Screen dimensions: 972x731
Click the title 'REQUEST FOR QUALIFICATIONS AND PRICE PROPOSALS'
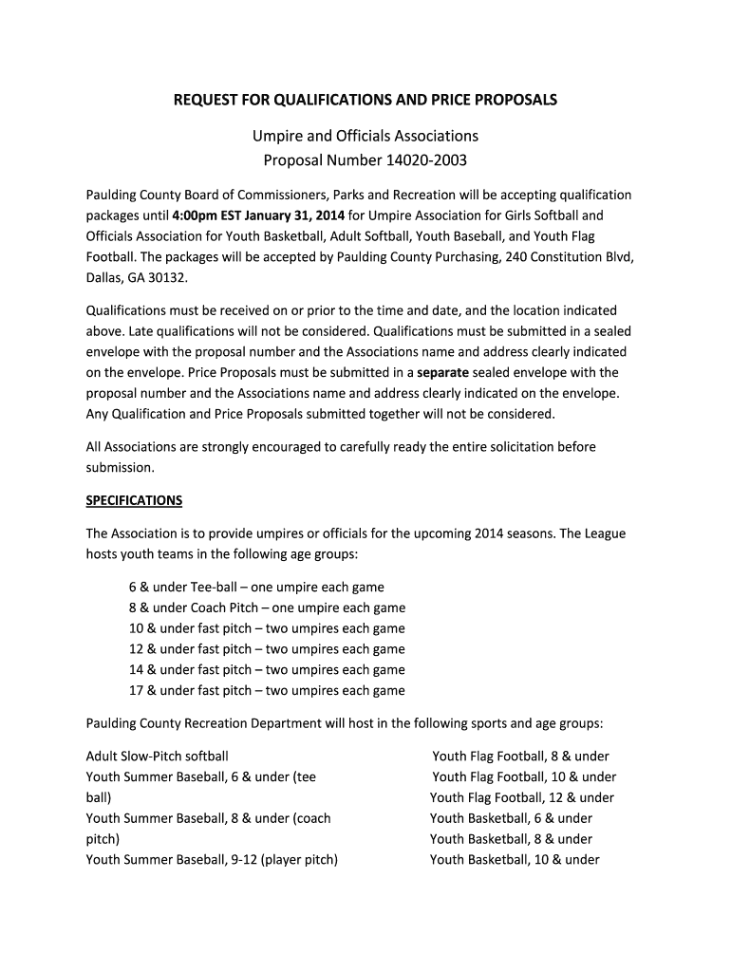(x=365, y=100)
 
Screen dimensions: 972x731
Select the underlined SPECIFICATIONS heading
(x=134, y=500)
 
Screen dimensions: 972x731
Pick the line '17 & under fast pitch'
(x=267, y=691)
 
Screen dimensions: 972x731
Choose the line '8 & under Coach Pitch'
(x=267, y=608)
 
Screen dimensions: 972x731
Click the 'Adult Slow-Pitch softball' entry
(x=158, y=757)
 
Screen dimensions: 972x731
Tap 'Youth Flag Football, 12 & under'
(x=522, y=798)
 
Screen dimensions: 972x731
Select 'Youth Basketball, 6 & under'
(x=511, y=818)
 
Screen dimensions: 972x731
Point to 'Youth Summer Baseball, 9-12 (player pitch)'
(x=212, y=860)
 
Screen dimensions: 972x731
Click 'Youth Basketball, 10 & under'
(x=515, y=860)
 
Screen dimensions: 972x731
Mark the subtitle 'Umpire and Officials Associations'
(x=365, y=136)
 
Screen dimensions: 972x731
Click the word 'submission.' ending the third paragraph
(x=120, y=467)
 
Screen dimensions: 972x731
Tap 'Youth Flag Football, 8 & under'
(x=520, y=757)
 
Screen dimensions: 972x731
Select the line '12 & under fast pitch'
(x=267, y=649)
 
